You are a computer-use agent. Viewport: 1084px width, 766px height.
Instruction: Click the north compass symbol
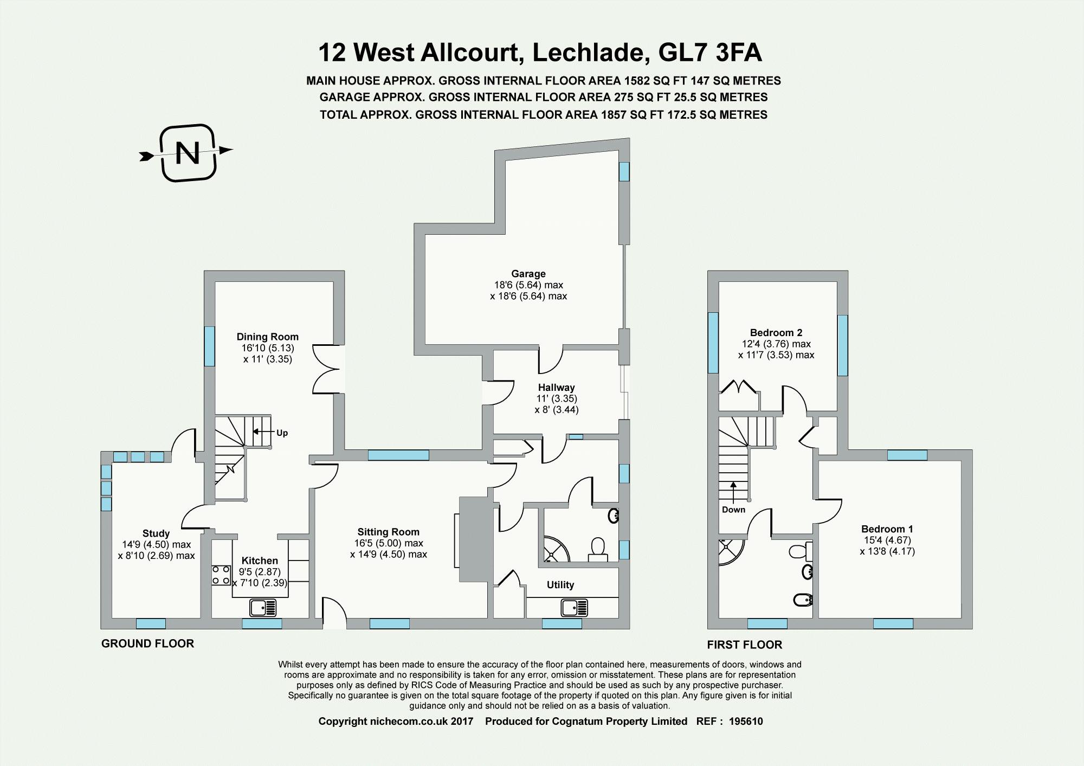(188, 153)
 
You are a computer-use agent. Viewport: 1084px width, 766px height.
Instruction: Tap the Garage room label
(528, 274)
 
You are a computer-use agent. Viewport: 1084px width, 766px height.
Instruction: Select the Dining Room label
(267, 337)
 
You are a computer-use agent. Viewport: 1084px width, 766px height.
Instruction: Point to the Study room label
(156, 533)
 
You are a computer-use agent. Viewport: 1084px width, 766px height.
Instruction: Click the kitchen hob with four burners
(221, 575)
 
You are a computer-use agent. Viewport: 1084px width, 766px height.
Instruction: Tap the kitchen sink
(263, 608)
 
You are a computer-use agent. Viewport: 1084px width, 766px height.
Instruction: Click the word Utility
(560, 585)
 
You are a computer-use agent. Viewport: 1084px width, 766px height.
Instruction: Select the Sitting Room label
(388, 532)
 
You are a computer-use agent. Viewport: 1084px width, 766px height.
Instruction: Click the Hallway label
(556, 388)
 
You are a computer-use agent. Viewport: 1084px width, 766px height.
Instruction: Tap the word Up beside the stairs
(282, 433)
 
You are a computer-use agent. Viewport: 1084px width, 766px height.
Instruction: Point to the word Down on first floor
(733, 510)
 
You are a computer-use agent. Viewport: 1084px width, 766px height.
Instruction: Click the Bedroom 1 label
(887, 529)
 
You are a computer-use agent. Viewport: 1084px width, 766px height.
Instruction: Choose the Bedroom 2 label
(776, 333)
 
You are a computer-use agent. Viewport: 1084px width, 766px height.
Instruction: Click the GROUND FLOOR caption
(147, 643)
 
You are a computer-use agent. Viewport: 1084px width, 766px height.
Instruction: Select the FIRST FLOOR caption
(744, 645)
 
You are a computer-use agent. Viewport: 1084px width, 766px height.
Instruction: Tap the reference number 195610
(746, 722)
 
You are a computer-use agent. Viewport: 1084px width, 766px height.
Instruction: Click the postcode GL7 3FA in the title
(709, 53)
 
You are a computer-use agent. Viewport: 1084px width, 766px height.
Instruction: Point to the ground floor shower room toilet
(597, 549)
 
